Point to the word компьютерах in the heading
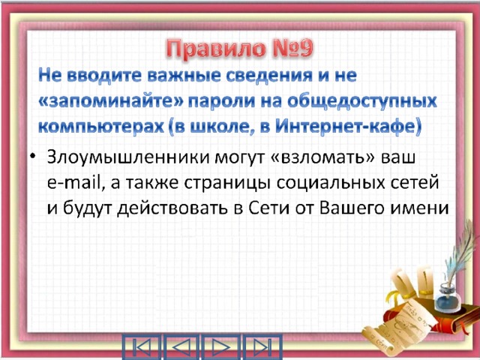point(101,127)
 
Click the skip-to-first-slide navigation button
point(142,347)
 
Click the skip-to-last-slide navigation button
point(262,347)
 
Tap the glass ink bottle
point(447,298)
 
